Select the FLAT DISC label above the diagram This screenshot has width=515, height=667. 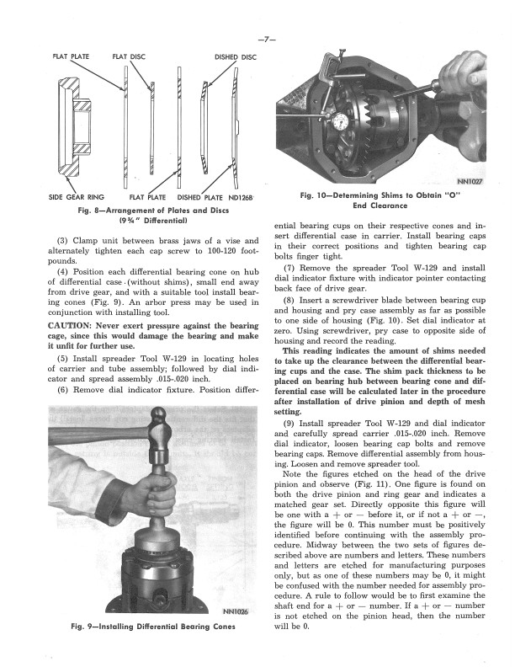(129, 57)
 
